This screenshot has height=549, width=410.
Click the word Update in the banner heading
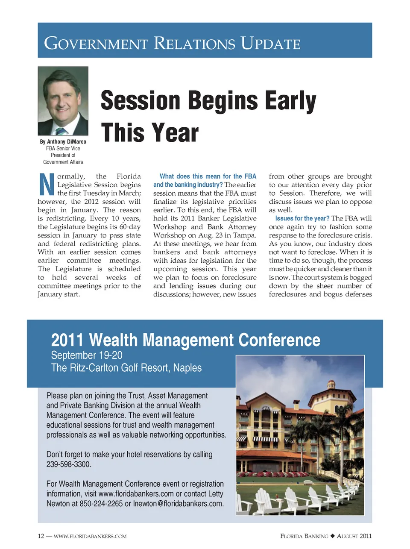(270, 44)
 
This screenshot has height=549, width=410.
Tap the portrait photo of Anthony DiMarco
(63, 101)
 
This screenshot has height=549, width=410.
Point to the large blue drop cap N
(47, 185)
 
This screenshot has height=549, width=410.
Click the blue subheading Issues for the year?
(302, 218)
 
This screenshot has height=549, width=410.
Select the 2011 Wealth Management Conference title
(185, 340)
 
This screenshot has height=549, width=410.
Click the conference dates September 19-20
(87, 355)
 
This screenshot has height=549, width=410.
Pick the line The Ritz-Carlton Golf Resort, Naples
(126, 368)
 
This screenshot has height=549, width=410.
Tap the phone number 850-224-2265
(101, 504)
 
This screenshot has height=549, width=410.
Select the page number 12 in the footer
(41, 536)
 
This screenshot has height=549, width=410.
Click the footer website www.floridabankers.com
(90, 536)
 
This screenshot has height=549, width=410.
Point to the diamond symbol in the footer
(333, 536)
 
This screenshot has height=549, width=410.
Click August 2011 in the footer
(354, 536)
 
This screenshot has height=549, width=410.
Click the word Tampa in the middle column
(246, 235)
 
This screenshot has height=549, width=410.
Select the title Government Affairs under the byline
(63, 162)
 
